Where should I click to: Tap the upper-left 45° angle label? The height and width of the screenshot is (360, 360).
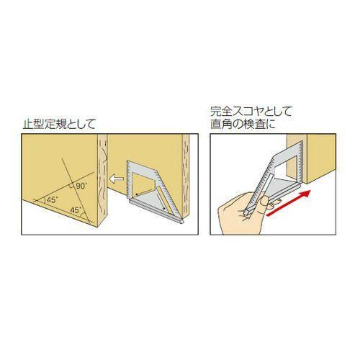pyautogui.click(x=52, y=199)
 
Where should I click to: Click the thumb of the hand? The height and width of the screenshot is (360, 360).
pyautogui.click(x=238, y=197)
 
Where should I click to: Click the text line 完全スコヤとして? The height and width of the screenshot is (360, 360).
pyautogui.click(x=246, y=113)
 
